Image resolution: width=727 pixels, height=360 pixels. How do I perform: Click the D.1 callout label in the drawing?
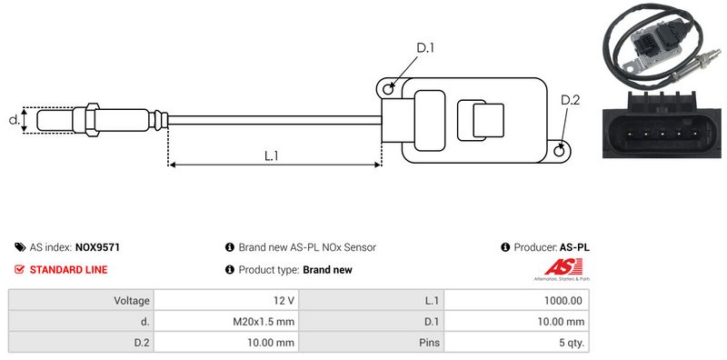pos(425,47)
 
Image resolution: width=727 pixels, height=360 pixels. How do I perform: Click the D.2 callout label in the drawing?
pos(570,100)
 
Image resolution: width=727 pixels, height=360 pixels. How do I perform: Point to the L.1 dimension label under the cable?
pos(271,155)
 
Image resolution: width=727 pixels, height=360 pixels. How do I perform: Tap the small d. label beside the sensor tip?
pos(15,120)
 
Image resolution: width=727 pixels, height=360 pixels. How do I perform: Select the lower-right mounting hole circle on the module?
pos(560,150)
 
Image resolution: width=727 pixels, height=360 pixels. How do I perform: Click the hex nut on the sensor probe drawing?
pos(93,120)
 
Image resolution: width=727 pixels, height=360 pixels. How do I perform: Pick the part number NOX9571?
pos(97,247)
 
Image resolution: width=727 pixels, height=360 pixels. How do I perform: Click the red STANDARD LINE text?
pos(68,269)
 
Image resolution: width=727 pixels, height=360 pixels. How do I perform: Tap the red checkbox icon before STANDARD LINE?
pos(19,269)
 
